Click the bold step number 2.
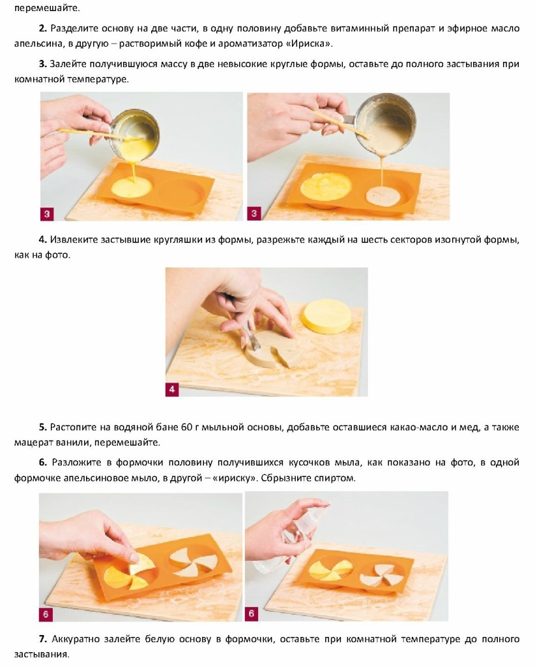pos(42,29)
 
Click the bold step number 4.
pos(42,239)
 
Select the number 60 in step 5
pos(187,427)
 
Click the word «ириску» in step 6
pos(235,478)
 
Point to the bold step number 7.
pos(42,639)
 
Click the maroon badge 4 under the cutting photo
pos(171,389)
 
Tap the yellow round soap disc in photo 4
pos(326,316)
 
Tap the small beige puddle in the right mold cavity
pos(384,195)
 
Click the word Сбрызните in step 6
pos(285,478)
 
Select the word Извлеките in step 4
pos(74,239)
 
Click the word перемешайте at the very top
pos(47,8)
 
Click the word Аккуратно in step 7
pos(76,640)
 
